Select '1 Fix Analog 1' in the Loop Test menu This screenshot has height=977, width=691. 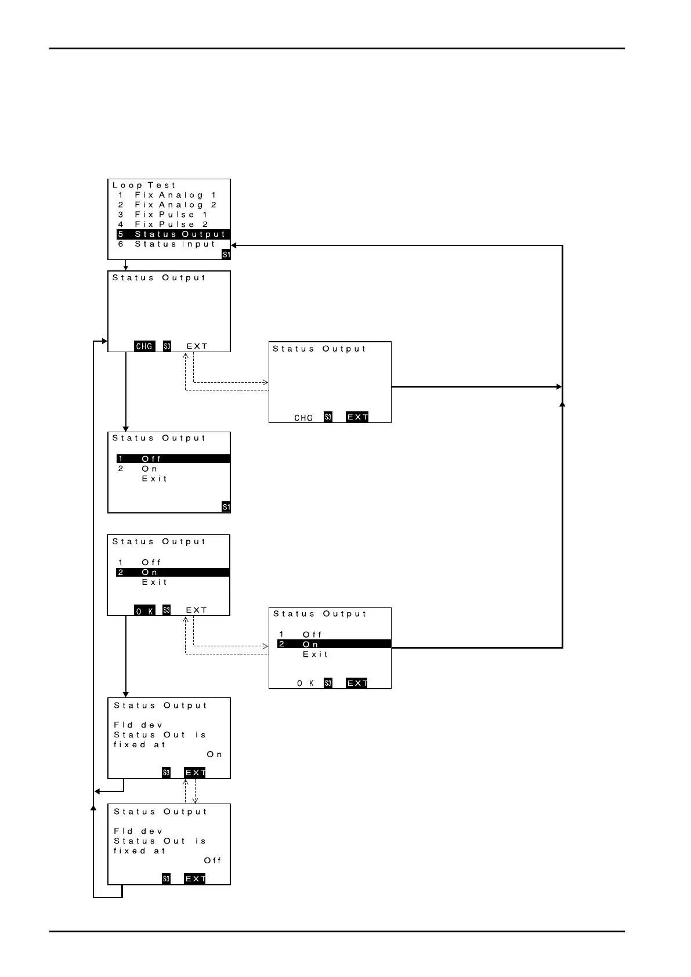pos(168,196)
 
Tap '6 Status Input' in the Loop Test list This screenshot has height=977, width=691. pos(168,244)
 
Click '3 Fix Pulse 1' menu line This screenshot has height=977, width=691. pos(164,215)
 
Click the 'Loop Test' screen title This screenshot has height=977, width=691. pos(144,186)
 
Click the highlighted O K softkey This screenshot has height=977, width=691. pos(144,610)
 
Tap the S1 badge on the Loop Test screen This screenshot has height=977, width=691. pos(226,255)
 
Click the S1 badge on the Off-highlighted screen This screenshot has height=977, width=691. pos(226,507)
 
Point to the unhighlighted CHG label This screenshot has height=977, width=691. pos(303,418)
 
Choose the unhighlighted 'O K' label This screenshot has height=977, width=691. pos(306,683)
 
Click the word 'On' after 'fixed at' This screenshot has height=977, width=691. pos(214,755)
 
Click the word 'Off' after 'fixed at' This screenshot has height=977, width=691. pos(212,861)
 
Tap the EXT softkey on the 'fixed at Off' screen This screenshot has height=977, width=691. pos(195,879)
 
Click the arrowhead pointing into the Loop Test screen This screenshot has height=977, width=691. pos(234,245)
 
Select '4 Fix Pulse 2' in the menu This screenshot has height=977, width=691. pos(164,225)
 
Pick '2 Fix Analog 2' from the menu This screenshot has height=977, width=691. pos(168,205)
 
